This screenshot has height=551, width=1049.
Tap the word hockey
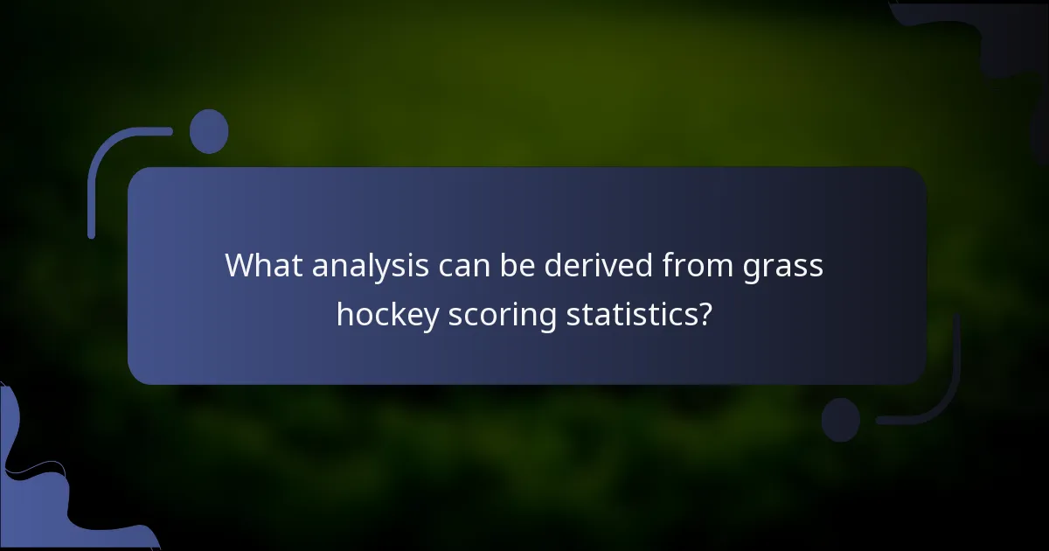click(x=387, y=315)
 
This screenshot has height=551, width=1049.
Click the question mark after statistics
click(x=703, y=315)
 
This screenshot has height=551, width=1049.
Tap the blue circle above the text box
click(x=209, y=131)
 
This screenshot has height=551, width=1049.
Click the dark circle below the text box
click(x=841, y=419)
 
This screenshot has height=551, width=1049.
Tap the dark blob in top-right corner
click(x=1005, y=35)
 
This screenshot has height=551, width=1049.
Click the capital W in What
click(x=238, y=265)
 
